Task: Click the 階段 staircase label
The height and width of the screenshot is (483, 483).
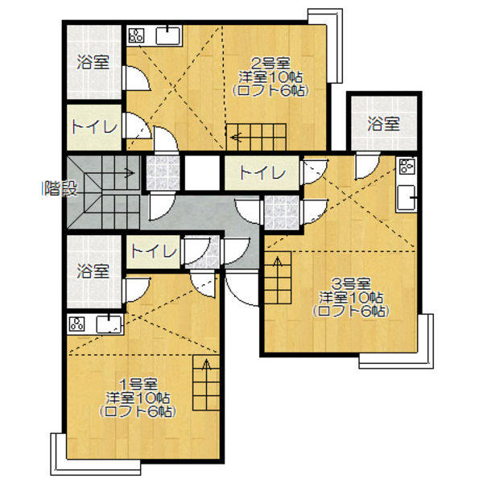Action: coord(61,188)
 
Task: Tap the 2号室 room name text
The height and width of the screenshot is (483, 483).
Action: coord(271,64)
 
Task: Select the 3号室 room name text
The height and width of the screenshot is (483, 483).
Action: coord(351,283)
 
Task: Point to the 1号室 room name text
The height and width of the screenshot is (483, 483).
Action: coord(138,385)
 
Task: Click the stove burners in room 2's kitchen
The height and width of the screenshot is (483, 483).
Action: coord(136,35)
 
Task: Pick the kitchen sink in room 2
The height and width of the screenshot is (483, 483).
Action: coord(168,35)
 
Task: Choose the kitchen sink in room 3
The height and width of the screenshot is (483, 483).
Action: coord(407,197)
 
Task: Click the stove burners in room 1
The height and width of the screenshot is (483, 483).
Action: coord(76,324)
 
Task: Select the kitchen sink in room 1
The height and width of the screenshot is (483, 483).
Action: coord(109,324)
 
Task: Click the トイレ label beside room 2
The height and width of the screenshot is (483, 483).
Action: coord(95,126)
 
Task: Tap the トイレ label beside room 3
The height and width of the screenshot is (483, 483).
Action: coord(262,172)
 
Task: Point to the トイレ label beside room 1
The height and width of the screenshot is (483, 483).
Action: coord(154,251)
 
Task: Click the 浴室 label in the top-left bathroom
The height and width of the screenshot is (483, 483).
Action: coord(93,62)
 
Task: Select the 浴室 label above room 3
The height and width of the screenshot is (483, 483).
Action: coord(383,123)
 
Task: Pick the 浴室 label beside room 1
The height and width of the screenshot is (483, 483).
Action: coord(93,271)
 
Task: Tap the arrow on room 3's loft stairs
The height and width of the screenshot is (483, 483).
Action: coord(278,266)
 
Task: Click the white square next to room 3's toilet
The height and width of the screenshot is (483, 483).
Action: coord(202,173)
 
